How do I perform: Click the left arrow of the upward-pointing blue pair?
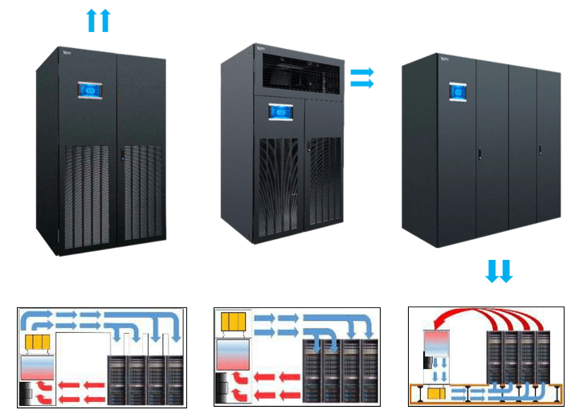click(x=92, y=20)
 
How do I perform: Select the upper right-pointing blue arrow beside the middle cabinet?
click(x=362, y=71)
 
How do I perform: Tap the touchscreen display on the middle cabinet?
click(x=280, y=112)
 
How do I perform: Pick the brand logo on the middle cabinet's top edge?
click(x=259, y=47)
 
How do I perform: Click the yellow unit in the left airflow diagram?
click(x=35, y=343)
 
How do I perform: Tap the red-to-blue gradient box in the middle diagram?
click(x=234, y=354)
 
